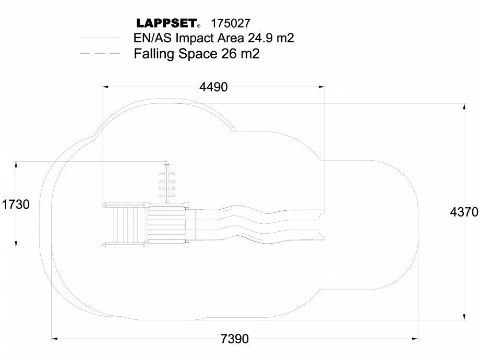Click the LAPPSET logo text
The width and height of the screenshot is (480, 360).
(x=166, y=23)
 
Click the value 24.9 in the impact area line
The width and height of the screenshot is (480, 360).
(x=254, y=38)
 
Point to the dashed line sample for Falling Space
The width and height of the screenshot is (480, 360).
(x=100, y=53)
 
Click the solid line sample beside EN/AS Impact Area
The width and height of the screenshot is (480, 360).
(x=100, y=38)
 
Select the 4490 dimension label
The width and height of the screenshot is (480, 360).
(x=213, y=87)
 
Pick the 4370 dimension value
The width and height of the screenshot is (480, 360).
(x=464, y=213)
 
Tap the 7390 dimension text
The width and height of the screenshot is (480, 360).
(x=235, y=339)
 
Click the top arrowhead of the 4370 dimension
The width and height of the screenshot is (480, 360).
(x=464, y=106)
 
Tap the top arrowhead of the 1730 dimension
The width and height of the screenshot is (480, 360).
(x=16, y=164)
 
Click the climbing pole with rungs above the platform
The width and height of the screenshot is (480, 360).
(x=167, y=183)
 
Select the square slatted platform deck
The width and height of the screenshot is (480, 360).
(x=166, y=224)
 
